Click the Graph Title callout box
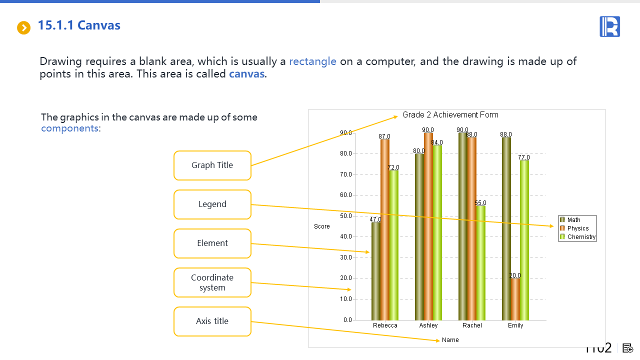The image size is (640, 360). point(212,165)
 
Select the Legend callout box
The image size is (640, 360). point(212,204)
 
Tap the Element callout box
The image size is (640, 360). point(212,243)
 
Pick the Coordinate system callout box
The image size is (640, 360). point(212,282)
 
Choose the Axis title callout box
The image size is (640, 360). point(212,321)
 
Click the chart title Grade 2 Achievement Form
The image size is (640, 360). point(450,115)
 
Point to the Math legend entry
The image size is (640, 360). point(570,219)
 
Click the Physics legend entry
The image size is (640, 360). point(574,228)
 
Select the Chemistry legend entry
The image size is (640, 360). point(577,237)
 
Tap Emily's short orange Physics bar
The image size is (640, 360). point(515,299)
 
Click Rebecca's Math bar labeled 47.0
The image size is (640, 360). point(375,271)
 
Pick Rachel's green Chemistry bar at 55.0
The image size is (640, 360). point(480,263)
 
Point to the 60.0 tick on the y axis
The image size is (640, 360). point(345,195)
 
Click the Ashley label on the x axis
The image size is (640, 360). point(428,325)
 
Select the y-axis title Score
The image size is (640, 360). point(321,226)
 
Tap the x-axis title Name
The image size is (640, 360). point(450,340)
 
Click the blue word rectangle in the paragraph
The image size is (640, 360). point(312,61)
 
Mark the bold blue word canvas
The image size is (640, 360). point(246,74)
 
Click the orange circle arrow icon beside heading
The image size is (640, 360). point(23,27)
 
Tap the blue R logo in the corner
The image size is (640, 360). point(609,26)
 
